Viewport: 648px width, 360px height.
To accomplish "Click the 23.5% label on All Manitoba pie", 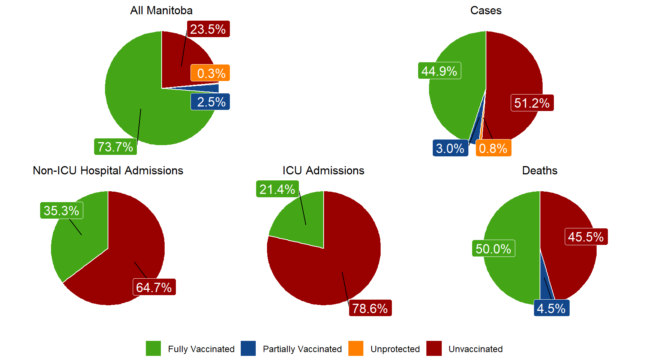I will tap(208, 29).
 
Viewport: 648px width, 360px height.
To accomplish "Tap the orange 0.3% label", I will tap(210, 73).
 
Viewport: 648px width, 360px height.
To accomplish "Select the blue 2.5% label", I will tap(210, 102).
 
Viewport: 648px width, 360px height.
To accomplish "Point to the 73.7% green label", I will tap(115, 147).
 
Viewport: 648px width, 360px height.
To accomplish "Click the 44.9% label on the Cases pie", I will tap(439, 71).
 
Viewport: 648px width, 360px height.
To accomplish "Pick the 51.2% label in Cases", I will tap(532, 103).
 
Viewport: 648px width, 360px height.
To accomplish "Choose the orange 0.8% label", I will tap(493, 148).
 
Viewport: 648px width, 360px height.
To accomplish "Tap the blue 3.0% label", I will tap(450, 148).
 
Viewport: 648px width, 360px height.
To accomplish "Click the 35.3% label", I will tap(61, 210).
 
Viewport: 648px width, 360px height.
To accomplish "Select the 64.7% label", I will tap(154, 287).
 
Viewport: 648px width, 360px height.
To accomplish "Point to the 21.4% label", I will tap(277, 189).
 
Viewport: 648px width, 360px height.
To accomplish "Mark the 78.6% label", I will tap(370, 308).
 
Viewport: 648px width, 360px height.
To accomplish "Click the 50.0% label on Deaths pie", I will tap(493, 249).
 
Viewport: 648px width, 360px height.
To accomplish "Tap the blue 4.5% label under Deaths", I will tap(551, 308).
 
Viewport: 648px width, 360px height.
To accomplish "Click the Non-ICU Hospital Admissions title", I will tap(108, 171).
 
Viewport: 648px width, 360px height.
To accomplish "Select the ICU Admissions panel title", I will tap(323, 171).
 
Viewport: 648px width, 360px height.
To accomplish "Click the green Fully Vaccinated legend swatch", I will tap(153, 348).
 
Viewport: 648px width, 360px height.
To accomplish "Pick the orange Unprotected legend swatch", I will tap(356, 348).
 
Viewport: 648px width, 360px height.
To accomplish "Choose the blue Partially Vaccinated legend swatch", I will tap(248, 348).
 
